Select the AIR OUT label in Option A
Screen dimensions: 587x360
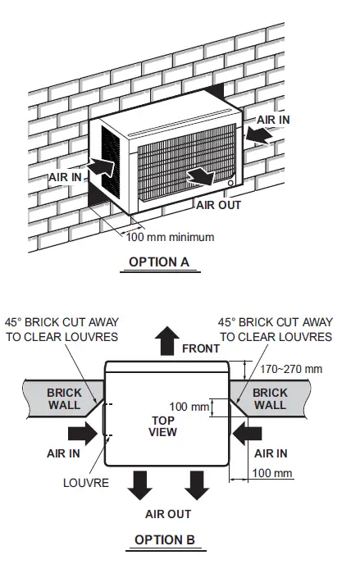pyautogui.click(x=218, y=205)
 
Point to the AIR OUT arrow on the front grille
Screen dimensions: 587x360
pyautogui.click(x=200, y=175)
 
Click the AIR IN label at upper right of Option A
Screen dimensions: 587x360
pyautogui.click(x=273, y=119)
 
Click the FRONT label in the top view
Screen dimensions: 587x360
pyautogui.click(x=201, y=348)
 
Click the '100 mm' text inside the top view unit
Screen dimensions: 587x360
pyautogui.click(x=189, y=407)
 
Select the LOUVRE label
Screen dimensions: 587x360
pyautogui.click(x=86, y=483)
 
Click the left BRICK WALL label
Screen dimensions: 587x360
pyautogui.click(x=64, y=399)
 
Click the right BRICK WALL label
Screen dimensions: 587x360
pyautogui.click(x=270, y=399)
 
